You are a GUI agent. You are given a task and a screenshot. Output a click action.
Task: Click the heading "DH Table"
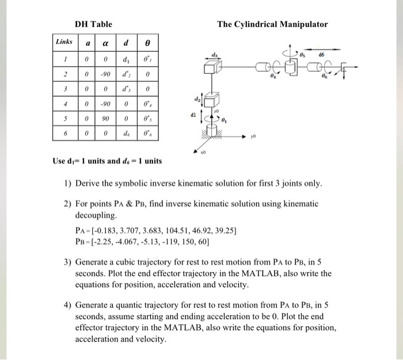93,24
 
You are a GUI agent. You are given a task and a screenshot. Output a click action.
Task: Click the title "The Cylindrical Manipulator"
272,24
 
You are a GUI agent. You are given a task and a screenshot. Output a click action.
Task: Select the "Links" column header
64,42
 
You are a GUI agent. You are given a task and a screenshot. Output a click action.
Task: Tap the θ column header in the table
147,43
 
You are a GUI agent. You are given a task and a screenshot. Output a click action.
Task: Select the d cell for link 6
126,134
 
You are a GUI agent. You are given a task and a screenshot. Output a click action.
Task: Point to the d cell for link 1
126,59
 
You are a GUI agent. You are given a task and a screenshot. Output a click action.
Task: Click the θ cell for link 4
147,104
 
